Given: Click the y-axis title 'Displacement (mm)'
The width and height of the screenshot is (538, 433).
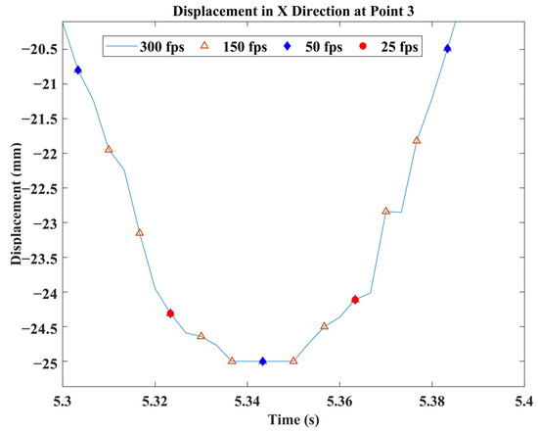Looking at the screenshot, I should coord(16,211).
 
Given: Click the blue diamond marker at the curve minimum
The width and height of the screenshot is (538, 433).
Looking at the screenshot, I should coord(262,361).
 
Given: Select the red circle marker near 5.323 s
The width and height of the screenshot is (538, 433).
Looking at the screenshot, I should coord(170,313).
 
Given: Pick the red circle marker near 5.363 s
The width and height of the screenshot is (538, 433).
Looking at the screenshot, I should coord(355,300).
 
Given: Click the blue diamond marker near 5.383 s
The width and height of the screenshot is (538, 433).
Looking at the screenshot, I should coord(447,49).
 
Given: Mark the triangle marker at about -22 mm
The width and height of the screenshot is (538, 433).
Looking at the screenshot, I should coord(109,149).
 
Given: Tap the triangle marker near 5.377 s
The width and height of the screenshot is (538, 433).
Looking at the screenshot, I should coord(417,140).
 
